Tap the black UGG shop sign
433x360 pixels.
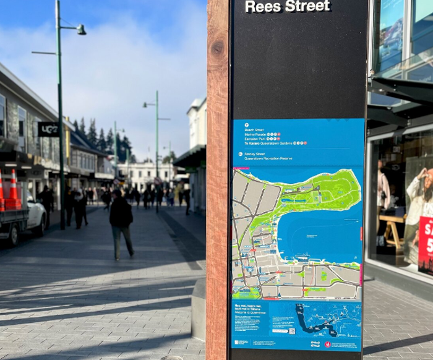click(48, 129)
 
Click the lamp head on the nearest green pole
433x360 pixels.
click(81, 29)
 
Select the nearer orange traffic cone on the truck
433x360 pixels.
click(13, 186)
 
